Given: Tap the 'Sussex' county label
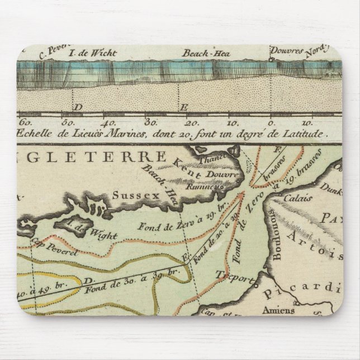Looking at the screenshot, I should pyautogui.click(x=130, y=195).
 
